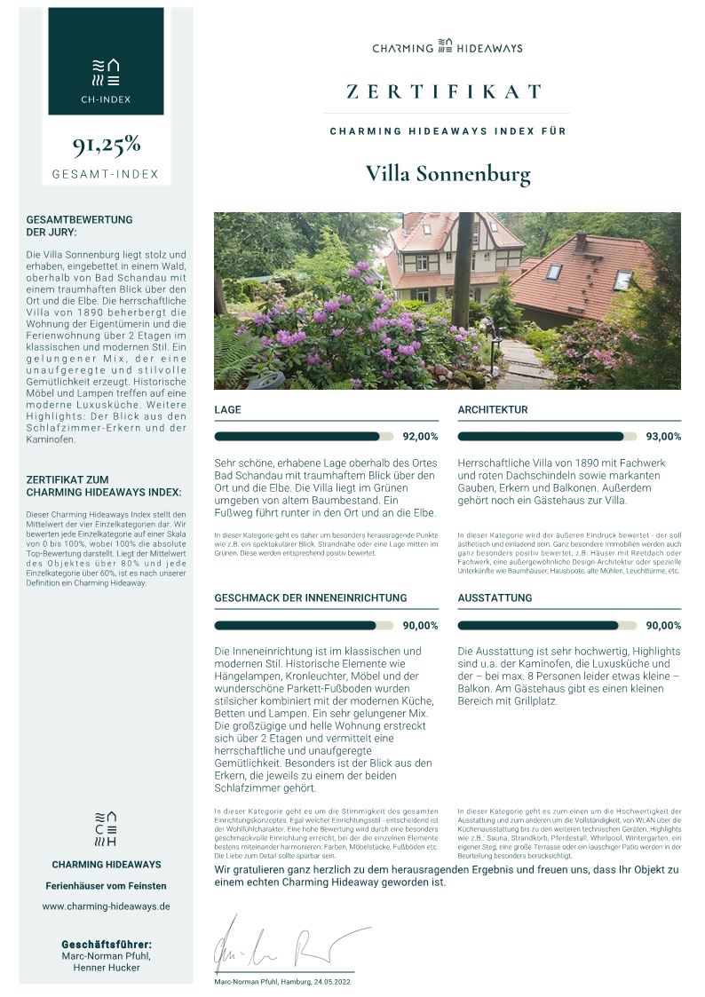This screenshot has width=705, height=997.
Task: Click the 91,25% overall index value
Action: [x=106, y=145]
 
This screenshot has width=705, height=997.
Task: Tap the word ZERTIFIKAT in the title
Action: [x=445, y=92]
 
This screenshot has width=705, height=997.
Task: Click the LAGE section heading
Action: [x=227, y=410]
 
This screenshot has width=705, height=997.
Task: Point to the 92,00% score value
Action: [x=421, y=437]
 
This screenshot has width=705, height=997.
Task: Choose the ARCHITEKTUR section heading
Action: [x=493, y=410]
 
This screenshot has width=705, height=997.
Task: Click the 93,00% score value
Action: [x=664, y=437]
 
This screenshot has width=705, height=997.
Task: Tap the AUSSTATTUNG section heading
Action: [x=495, y=598]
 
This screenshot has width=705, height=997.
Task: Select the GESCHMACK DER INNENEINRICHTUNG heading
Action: [x=311, y=598]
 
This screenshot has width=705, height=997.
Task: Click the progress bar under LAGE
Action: [x=303, y=436]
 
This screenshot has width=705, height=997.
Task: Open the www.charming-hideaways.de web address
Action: [x=106, y=906]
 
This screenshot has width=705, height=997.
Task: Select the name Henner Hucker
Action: [x=106, y=968]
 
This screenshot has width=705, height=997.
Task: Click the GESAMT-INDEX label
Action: [x=106, y=174]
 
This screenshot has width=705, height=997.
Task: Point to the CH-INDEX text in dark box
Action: [x=106, y=99]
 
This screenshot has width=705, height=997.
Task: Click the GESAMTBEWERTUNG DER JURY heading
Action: [x=79, y=226]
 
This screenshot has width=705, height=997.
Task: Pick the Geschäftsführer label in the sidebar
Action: [x=106, y=944]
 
